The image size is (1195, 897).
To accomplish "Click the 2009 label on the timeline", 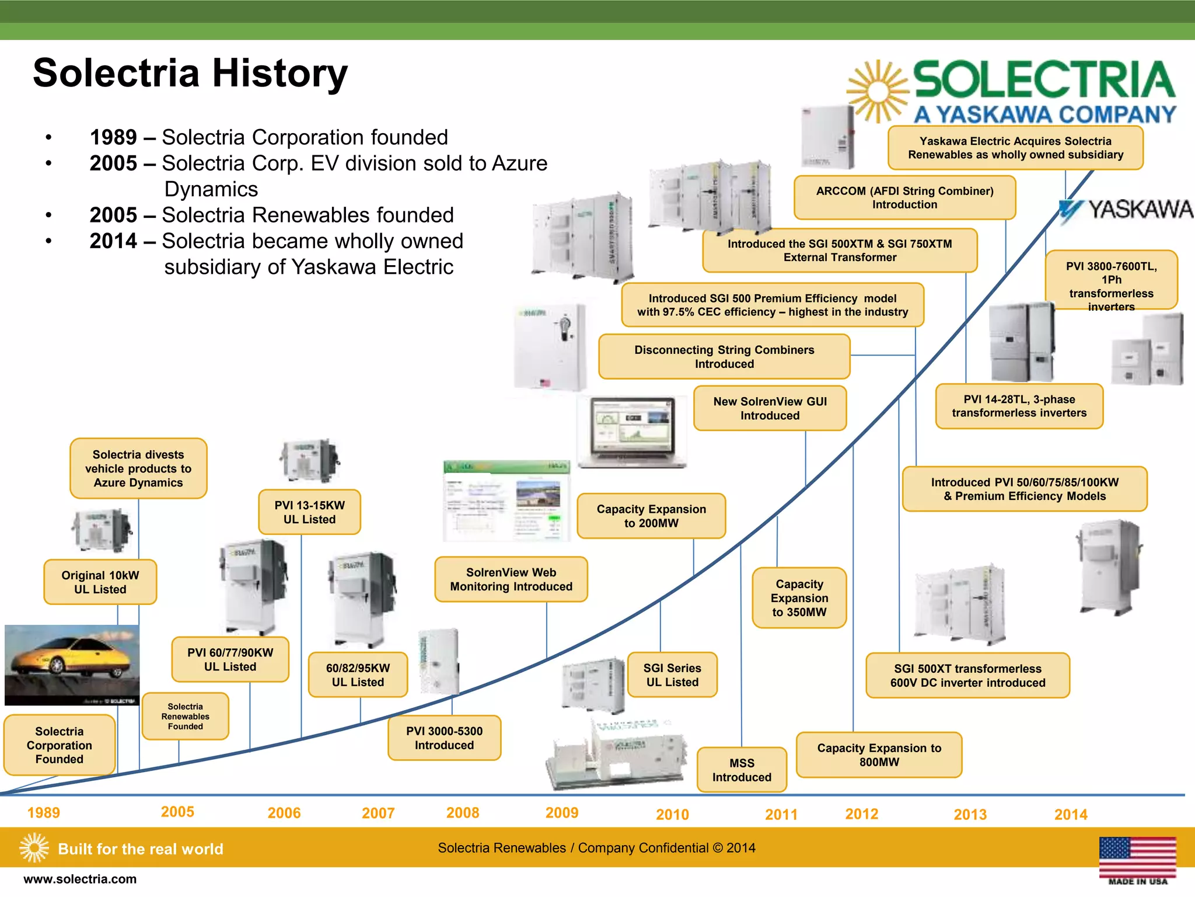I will (561, 812).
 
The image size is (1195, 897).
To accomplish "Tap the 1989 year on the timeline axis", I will (44, 813).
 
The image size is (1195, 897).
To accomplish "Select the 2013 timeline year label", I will (970, 814).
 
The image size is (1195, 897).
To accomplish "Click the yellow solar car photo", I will (72, 665).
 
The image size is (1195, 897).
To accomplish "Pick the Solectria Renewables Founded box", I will (186, 716).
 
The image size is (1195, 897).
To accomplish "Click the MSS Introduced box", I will (742, 770).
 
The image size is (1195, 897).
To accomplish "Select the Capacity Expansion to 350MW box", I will (799, 597).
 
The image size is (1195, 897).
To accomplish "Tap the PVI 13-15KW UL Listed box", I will (309, 512).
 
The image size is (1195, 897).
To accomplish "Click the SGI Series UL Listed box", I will (672, 675).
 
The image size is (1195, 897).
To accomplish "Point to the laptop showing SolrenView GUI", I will (631, 433).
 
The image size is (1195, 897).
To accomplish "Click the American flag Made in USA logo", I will (1137, 860).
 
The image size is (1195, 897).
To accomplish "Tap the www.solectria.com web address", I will (80, 879).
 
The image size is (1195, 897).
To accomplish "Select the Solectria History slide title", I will (190, 74).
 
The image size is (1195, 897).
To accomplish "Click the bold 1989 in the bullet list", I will (113, 138).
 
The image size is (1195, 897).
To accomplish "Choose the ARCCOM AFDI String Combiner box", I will (904, 197).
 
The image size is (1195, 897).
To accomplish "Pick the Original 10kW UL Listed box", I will (100, 582).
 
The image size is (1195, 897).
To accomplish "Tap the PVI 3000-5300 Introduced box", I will (444, 738).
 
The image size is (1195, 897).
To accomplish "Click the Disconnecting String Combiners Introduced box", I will (724, 356).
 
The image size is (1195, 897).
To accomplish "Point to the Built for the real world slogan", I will (140, 849).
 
